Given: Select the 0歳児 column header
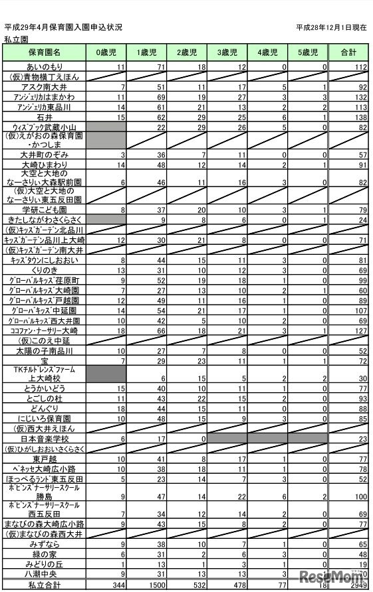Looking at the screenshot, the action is tap(106, 52).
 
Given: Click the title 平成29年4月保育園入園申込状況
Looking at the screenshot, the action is tap(63, 28).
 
